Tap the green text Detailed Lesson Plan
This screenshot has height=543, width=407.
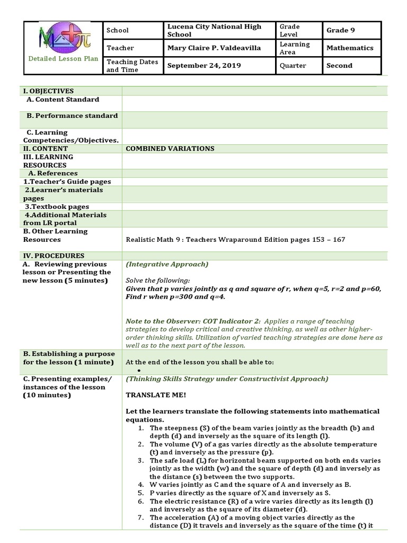tap(63, 59)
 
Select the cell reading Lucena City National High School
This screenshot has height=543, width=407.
tap(218, 30)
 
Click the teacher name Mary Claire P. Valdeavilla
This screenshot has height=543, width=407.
tap(214, 48)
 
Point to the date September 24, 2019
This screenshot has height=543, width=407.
tap(204, 66)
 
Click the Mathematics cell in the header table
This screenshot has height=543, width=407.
tap(350, 48)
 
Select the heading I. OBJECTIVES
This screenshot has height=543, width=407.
tap(48, 91)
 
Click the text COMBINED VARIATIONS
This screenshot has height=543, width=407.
tap(170, 148)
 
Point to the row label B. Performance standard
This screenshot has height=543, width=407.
tap(72, 116)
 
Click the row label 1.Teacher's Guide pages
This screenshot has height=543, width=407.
tap(67, 181)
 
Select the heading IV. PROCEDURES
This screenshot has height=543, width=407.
tap(54, 256)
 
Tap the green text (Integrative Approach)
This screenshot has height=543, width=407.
tap(167, 264)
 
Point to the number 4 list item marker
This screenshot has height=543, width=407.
tap(140, 484)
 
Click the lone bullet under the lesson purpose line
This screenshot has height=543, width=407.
tap(138, 370)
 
